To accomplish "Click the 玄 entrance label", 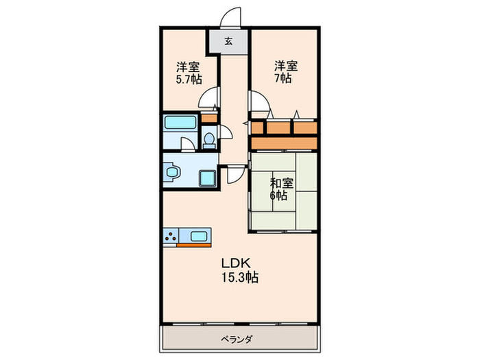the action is [228, 41].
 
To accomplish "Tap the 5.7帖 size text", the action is [189, 80].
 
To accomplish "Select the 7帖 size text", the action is [283, 79].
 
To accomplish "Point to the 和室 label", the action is [281, 183].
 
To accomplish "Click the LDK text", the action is [236, 263].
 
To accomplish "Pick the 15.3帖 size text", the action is [240, 277].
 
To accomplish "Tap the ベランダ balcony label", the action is [237, 339].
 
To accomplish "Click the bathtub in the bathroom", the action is [180, 123].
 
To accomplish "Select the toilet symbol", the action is [209, 140].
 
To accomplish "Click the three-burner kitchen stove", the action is [171, 237].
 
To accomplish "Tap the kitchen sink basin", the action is [199, 236].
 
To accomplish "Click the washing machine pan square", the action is [208, 178].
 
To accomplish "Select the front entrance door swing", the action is [230, 17].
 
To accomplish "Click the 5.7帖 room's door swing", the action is [208, 97].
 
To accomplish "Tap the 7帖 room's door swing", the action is [260, 101].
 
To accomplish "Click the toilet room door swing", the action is [226, 132].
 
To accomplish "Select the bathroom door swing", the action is [188, 144].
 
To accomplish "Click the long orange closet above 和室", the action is [284, 143].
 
